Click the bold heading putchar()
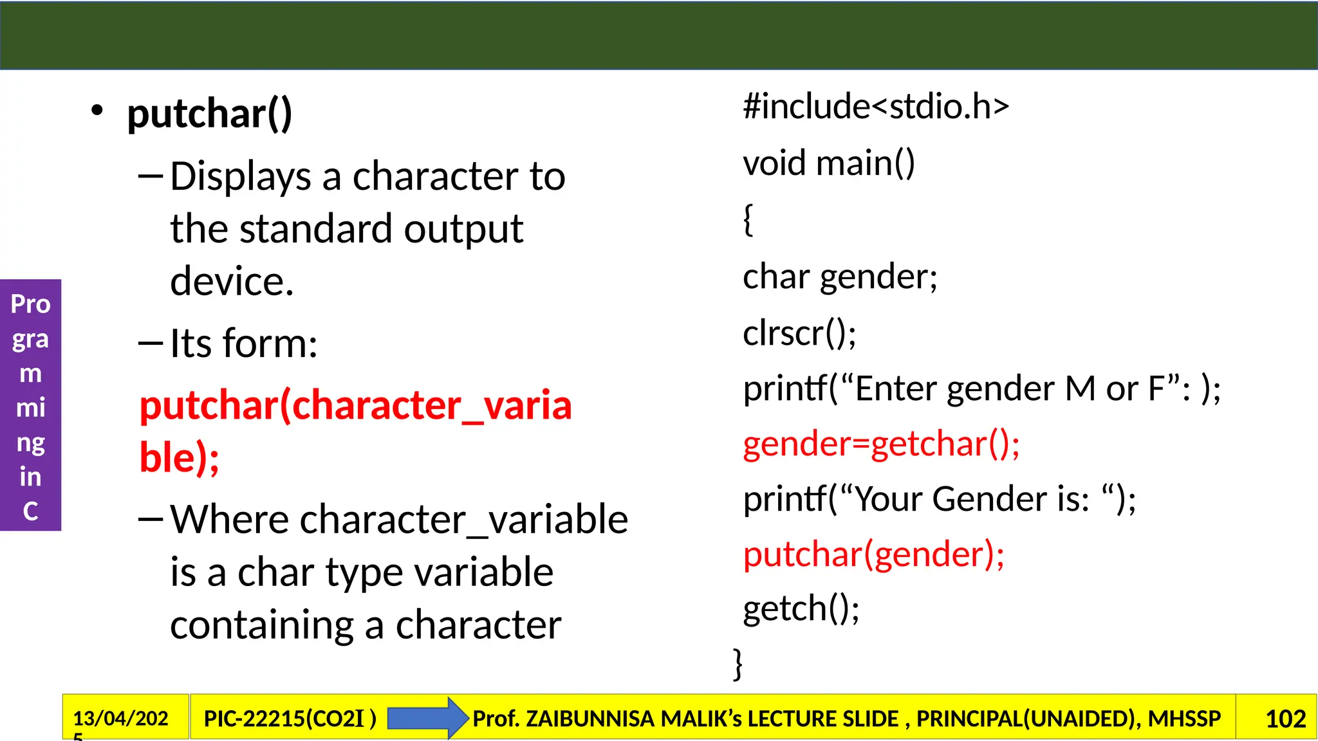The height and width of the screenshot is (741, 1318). pos(209,114)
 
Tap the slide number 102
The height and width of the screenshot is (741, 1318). pos(1285,718)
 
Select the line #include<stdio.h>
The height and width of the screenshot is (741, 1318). pos(875,106)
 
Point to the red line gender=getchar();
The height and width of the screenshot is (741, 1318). pos(881,444)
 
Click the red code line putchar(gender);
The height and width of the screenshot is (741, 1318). pos(873,554)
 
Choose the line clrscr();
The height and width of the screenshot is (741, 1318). pos(799,333)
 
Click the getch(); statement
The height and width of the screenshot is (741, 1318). pos(801,608)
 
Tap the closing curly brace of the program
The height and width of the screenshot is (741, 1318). pos(738,664)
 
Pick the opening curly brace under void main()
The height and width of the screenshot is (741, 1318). pos(748,220)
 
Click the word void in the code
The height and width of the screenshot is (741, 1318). pos(774,163)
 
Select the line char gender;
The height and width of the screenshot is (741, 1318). pos(840,277)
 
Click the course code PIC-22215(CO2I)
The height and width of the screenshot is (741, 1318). pos(290,718)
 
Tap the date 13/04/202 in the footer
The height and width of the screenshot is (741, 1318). pos(120,718)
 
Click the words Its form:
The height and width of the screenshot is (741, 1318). pos(243,343)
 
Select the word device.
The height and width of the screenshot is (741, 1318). pos(232,282)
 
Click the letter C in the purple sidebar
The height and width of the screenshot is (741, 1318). pos(30,511)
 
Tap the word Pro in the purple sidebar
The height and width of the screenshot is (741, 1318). pos(30,304)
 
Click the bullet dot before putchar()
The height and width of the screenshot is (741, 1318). pos(97,111)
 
